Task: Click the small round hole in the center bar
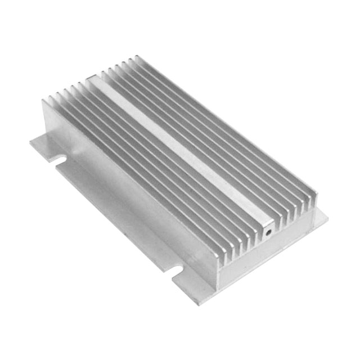pyautogui.click(x=268, y=230)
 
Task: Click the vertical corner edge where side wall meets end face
pyautogui.click(x=217, y=276)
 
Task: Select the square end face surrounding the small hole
pyautogui.click(x=265, y=228)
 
